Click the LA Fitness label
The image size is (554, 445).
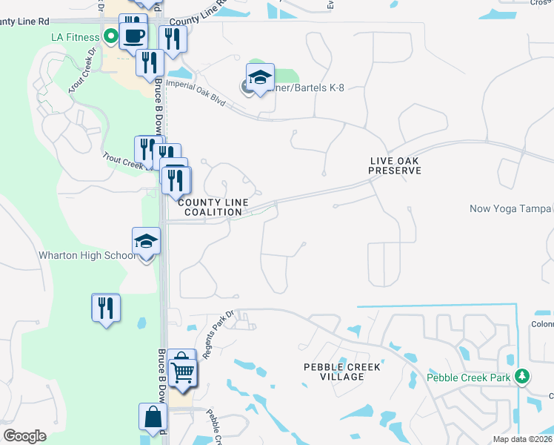75,37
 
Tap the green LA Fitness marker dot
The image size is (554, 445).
111,35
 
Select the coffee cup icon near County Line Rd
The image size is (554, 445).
133,35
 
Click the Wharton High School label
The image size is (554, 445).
87,256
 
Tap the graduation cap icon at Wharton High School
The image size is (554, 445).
146,241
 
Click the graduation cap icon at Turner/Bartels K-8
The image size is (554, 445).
260,78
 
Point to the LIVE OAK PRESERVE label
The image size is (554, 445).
395,165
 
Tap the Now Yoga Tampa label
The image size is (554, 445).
511,208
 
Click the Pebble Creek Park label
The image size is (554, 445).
469,377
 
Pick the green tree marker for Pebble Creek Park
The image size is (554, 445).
522,376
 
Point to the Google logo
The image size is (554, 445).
24,436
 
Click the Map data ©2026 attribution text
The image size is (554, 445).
523,439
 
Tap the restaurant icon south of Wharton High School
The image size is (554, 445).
106,306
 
